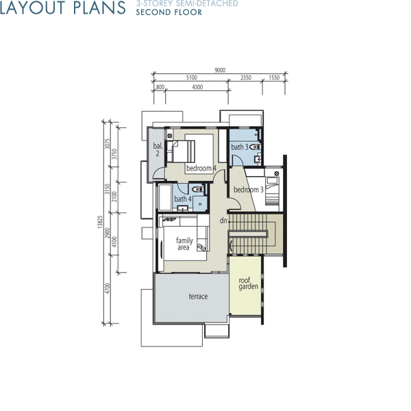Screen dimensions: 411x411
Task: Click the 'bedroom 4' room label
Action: point(201,168)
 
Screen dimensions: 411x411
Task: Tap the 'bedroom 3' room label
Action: point(249,190)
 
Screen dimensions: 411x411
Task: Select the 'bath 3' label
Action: point(240,147)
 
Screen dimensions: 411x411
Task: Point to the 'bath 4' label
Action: point(183,199)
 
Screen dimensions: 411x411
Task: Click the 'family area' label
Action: point(184,244)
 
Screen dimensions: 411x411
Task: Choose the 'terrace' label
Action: point(198,297)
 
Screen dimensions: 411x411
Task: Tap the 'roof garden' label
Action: point(248,284)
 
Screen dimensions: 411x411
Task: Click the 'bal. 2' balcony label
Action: point(158,149)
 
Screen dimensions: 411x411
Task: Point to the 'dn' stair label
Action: point(223,221)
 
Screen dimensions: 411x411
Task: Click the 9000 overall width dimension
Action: point(220,70)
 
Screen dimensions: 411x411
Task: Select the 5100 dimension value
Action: point(192,77)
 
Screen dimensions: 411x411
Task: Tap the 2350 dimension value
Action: point(246,77)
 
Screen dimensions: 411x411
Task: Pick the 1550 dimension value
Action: point(274,77)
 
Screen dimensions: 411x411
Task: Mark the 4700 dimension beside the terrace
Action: point(107,288)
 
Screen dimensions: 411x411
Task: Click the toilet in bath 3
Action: point(254,147)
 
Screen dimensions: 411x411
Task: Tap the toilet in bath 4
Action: point(198,189)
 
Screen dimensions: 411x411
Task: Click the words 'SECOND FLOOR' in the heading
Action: point(169,12)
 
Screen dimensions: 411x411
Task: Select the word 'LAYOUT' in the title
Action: point(33,8)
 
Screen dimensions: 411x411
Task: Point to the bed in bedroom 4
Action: point(181,151)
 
